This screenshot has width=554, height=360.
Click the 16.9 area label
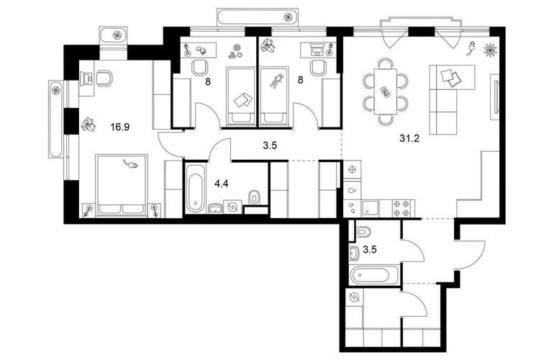(x=119, y=127)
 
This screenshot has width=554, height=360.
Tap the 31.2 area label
(x=409, y=139)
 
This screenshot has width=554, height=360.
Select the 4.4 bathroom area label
(x=222, y=184)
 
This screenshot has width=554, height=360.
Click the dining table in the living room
(x=385, y=91)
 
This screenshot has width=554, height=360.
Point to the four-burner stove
(x=403, y=207)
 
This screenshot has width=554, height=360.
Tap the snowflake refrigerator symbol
(x=352, y=171)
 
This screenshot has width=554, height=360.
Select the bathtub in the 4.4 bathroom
(x=196, y=189)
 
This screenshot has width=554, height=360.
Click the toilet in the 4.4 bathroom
(x=254, y=197)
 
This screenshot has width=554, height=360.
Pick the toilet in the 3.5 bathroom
(x=363, y=233)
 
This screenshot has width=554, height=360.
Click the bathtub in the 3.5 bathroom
(x=375, y=275)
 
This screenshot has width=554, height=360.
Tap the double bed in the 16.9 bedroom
(x=122, y=185)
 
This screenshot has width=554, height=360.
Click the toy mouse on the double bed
(x=131, y=163)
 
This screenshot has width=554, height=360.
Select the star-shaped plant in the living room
(x=490, y=49)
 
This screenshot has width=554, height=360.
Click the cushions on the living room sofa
(x=450, y=77)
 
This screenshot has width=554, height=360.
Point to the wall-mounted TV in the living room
(x=495, y=96)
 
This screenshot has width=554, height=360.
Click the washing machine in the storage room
(x=354, y=298)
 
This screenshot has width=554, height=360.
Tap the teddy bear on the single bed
(x=276, y=80)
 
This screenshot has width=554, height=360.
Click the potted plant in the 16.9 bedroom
(x=88, y=125)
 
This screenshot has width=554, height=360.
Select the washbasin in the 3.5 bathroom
(x=354, y=253)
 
